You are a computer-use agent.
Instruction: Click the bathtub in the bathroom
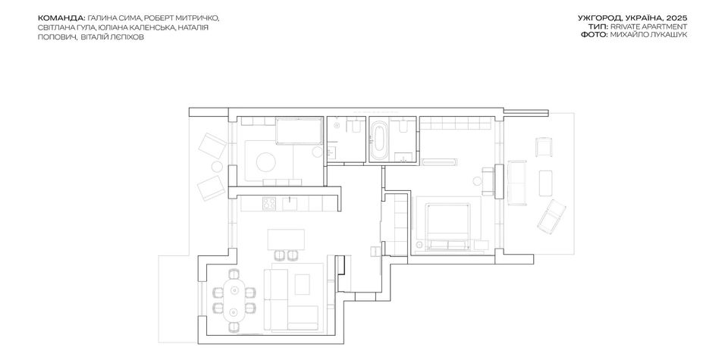pyautogui.click(x=379, y=141)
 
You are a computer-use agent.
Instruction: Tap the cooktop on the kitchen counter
pyautogui.click(x=268, y=203)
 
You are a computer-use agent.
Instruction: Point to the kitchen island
pyautogui.click(x=286, y=239)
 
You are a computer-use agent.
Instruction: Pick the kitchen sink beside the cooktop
pyautogui.click(x=291, y=203)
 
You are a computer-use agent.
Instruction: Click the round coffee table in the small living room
pyautogui.click(x=266, y=162)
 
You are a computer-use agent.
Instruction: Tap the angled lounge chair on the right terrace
pyautogui.click(x=551, y=215)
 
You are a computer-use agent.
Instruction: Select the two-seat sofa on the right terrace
pyautogui.click(x=516, y=183)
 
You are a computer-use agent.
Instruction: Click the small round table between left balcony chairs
pyautogui.click(x=217, y=167)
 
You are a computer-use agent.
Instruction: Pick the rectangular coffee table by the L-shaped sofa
pyautogui.click(x=303, y=284)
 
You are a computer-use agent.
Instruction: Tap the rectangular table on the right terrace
pyautogui.click(x=545, y=183)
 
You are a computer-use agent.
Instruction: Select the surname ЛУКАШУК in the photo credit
pyautogui.click(x=669, y=35)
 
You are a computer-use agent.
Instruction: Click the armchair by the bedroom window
pyautogui.click(x=488, y=181)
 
